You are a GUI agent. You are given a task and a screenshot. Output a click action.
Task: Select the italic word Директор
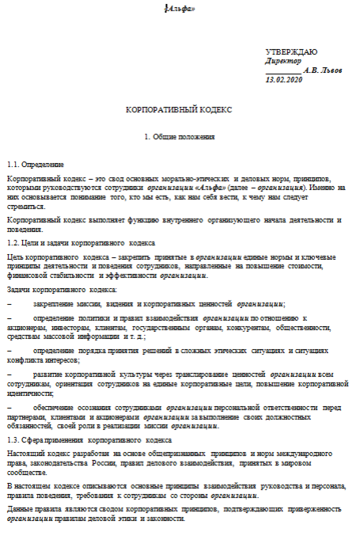[x=282, y=59]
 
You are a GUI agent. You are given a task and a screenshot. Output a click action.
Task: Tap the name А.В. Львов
[x=323, y=70]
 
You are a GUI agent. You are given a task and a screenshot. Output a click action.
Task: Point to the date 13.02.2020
[x=285, y=80]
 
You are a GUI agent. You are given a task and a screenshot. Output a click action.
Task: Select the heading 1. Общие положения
[x=180, y=137]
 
